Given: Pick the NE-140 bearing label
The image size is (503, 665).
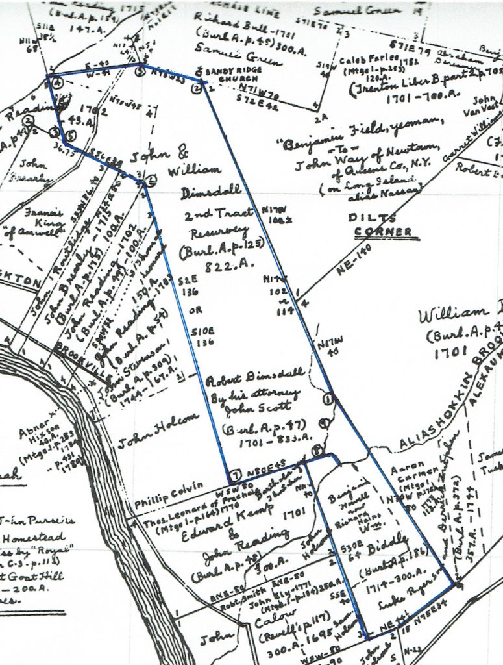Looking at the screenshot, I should [x=354, y=257].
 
